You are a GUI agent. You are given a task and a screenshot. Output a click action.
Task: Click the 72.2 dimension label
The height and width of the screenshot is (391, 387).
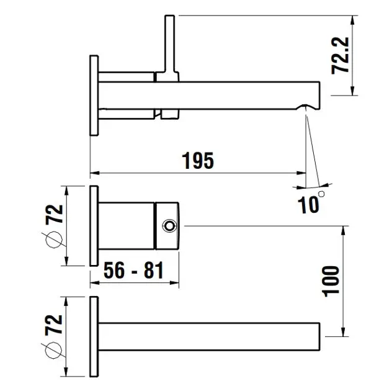click(340, 55)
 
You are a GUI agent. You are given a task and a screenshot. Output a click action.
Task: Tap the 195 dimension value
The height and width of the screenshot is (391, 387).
click(198, 160)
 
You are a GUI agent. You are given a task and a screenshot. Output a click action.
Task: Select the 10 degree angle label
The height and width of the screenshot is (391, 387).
click(311, 203)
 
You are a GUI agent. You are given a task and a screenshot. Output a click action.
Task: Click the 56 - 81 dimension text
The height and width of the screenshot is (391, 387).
click(133, 270)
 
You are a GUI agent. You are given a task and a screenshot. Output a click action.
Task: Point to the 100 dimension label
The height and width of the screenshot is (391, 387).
click(331, 282)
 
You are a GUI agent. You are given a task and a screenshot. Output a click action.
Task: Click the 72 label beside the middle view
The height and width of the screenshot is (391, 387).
click(54, 214)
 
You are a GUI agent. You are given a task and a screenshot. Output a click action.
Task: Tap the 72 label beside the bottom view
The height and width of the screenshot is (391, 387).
click(53, 325)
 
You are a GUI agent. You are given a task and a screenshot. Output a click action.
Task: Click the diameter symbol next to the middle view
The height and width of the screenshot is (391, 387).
click(54, 240)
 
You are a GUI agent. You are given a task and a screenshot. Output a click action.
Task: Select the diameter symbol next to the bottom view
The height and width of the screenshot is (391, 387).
click(53, 350)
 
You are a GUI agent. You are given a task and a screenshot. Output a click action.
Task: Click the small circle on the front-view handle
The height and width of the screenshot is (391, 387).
click(169, 226)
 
